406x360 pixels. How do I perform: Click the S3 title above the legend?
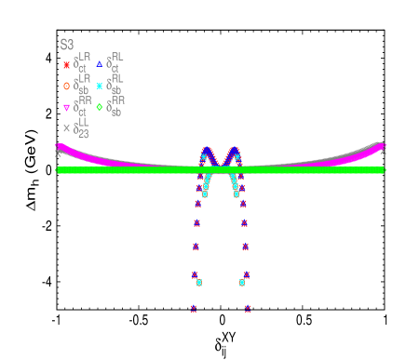[x=67, y=45]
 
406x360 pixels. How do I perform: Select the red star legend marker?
[x=66, y=65]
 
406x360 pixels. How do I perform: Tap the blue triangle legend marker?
[x=100, y=64]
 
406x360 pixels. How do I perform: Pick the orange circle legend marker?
[x=66, y=87]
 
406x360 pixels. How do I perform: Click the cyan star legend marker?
[x=100, y=87]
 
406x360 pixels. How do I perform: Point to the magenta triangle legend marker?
[x=66, y=108]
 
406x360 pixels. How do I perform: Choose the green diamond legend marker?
[x=100, y=107]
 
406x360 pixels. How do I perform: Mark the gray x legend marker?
[x=66, y=128]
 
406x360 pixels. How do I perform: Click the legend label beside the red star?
[x=82, y=63]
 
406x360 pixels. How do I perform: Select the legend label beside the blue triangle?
[x=115, y=62]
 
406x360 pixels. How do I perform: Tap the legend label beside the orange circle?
[x=82, y=85]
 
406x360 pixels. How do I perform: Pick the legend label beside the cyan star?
[x=115, y=85]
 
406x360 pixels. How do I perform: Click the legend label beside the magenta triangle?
[x=82, y=106]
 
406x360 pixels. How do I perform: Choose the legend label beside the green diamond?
[x=115, y=106]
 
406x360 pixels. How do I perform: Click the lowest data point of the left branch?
[x=194, y=309]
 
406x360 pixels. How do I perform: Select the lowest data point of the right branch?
[x=248, y=309]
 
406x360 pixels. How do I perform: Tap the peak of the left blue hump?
[x=208, y=149]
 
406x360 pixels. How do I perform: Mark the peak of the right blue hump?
[x=234, y=149]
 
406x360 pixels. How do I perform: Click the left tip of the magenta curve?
[x=60, y=146]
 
